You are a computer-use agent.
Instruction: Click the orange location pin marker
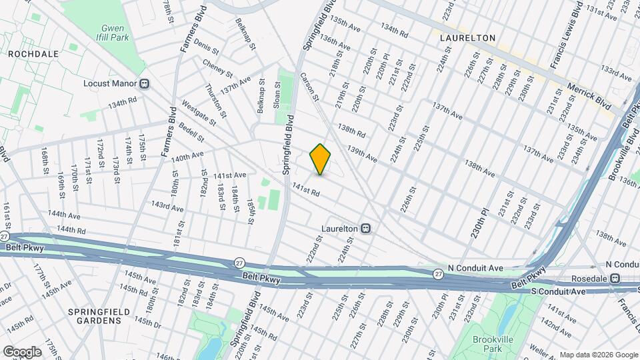click(321, 159)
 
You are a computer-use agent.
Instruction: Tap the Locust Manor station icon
click(145, 84)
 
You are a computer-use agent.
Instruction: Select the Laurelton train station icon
click(366, 228)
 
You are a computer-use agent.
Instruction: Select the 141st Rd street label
click(307, 190)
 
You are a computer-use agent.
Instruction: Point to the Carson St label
click(309, 87)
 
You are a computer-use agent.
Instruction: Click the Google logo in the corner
click(21, 351)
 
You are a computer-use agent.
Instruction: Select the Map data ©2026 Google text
click(598, 355)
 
